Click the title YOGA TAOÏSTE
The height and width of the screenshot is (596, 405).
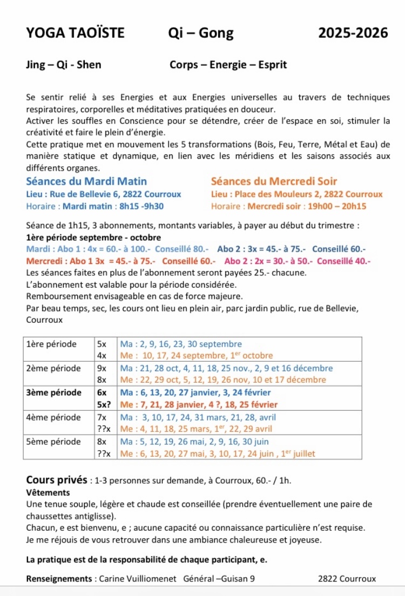coord(75,33)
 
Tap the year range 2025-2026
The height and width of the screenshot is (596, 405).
coord(353,33)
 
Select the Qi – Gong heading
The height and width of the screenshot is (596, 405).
coord(201,33)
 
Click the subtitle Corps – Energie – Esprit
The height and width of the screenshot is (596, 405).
coord(228,65)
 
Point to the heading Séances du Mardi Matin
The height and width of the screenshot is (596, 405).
coord(86,181)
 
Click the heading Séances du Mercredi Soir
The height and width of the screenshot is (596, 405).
coord(274,181)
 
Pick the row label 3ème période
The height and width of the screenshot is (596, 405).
coord(54,392)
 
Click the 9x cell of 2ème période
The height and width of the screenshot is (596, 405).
coord(102,368)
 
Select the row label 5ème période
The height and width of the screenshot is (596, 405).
coord(52,441)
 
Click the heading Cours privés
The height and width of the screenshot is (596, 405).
coord(57,479)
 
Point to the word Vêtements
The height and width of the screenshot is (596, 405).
coord(48,492)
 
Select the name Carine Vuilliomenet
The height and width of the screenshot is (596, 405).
coord(137,579)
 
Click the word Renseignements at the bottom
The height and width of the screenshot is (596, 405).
coord(59,579)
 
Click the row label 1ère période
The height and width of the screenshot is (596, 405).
coord(51,344)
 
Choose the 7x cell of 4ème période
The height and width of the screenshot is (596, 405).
coord(102,417)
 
